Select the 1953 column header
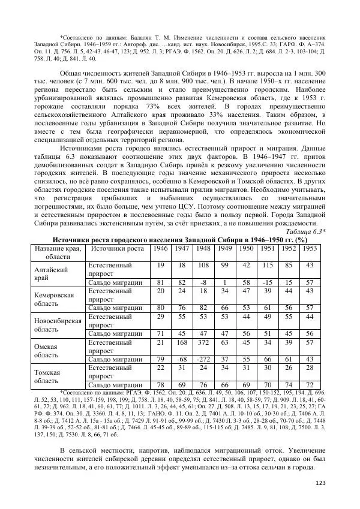310,248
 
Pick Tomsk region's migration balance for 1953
310,384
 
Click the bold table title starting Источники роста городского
179,239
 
